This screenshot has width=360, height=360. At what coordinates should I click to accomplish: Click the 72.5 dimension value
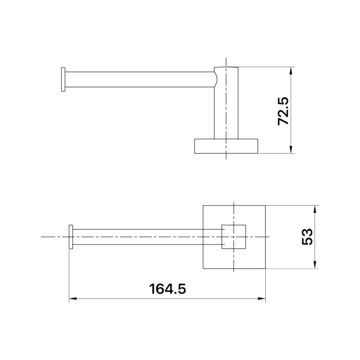(283, 111)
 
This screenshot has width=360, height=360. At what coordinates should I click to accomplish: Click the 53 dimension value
(307, 237)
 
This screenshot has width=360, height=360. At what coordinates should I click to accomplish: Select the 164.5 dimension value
(167, 289)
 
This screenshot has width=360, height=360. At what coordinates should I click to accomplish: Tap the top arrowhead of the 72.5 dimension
(291, 70)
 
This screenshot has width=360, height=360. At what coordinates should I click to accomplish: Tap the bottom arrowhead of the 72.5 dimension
(291, 150)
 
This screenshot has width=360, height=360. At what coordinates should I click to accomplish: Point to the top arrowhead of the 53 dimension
(315, 209)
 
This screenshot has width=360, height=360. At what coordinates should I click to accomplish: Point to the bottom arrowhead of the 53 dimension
(315, 265)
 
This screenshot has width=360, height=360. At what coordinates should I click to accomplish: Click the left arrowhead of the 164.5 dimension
(73, 299)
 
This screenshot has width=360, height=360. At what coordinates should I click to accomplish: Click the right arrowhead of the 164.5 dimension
(262, 299)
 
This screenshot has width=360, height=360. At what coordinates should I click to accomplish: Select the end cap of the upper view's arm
(63, 79)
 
